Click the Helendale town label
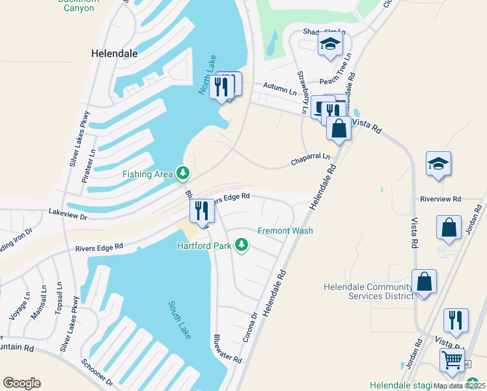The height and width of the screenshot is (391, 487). [x=115, y=53]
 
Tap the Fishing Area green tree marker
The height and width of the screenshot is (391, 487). [x=184, y=173]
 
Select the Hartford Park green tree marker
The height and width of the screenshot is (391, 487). [x=242, y=245]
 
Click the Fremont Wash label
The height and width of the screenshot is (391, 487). [x=285, y=231]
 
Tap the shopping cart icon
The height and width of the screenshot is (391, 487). [x=452, y=359]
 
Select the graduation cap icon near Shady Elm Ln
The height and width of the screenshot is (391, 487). [x=330, y=44]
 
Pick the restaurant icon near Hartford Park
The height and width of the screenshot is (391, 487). [x=201, y=210]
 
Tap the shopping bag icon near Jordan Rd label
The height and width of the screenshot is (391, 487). [x=449, y=227]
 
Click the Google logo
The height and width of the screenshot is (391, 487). [x=21, y=383]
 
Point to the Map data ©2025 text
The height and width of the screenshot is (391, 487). [x=459, y=386]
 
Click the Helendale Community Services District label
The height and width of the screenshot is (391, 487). [x=369, y=291]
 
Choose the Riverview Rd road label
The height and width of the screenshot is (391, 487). [x=440, y=199]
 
